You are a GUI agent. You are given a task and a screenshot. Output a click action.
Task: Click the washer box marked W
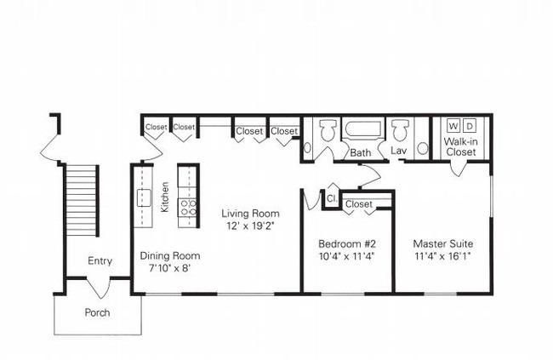click(453, 126)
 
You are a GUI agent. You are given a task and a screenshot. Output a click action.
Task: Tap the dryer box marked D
click(470, 126)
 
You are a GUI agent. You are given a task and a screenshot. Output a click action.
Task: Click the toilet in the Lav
click(401, 130)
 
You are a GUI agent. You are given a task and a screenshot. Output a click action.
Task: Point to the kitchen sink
click(144, 197)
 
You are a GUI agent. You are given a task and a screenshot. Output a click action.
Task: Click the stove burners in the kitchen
click(188, 207)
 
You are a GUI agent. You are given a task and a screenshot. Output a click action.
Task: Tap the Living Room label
click(250, 214)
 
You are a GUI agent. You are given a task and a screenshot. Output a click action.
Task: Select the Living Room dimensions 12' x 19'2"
click(251, 226)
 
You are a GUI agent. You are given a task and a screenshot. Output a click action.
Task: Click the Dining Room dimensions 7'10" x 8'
click(169, 268)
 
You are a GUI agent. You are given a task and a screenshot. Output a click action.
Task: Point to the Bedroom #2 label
click(347, 244)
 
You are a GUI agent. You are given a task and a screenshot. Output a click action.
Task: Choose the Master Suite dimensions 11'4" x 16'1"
click(443, 256)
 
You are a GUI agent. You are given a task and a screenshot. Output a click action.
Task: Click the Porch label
click(97, 312)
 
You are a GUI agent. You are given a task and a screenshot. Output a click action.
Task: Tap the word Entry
click(100, 261)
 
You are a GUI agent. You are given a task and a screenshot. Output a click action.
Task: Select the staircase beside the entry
click(81, 201)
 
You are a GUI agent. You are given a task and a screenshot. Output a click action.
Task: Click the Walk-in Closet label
click(460, 147)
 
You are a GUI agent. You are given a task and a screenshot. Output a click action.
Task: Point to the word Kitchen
click(165, 197)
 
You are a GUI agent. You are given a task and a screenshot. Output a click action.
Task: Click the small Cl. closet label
click(332, 198)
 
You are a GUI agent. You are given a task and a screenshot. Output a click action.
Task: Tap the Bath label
click(361, 153)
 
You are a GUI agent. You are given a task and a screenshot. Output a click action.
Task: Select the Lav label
click(398, 151)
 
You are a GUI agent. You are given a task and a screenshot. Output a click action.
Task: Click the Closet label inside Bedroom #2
click(359, 204)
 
